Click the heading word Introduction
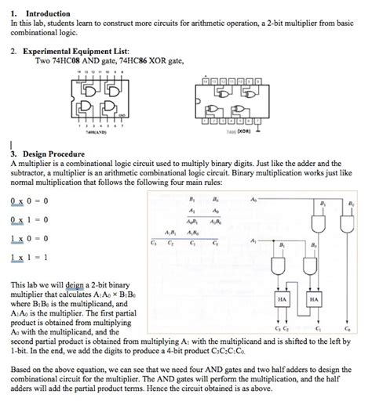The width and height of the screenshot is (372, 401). (x=48, y=13)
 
